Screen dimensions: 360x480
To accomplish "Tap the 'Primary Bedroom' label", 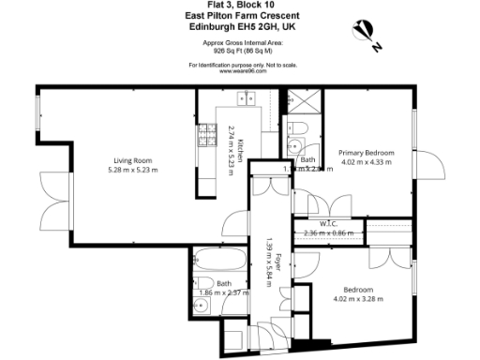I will (x=367, y=152).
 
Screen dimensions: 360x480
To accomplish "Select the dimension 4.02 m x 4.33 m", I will (x=367, y=162).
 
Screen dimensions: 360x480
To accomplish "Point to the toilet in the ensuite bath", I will (x=293, y=145).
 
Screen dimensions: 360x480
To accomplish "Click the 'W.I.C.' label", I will (x=329, y=223).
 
